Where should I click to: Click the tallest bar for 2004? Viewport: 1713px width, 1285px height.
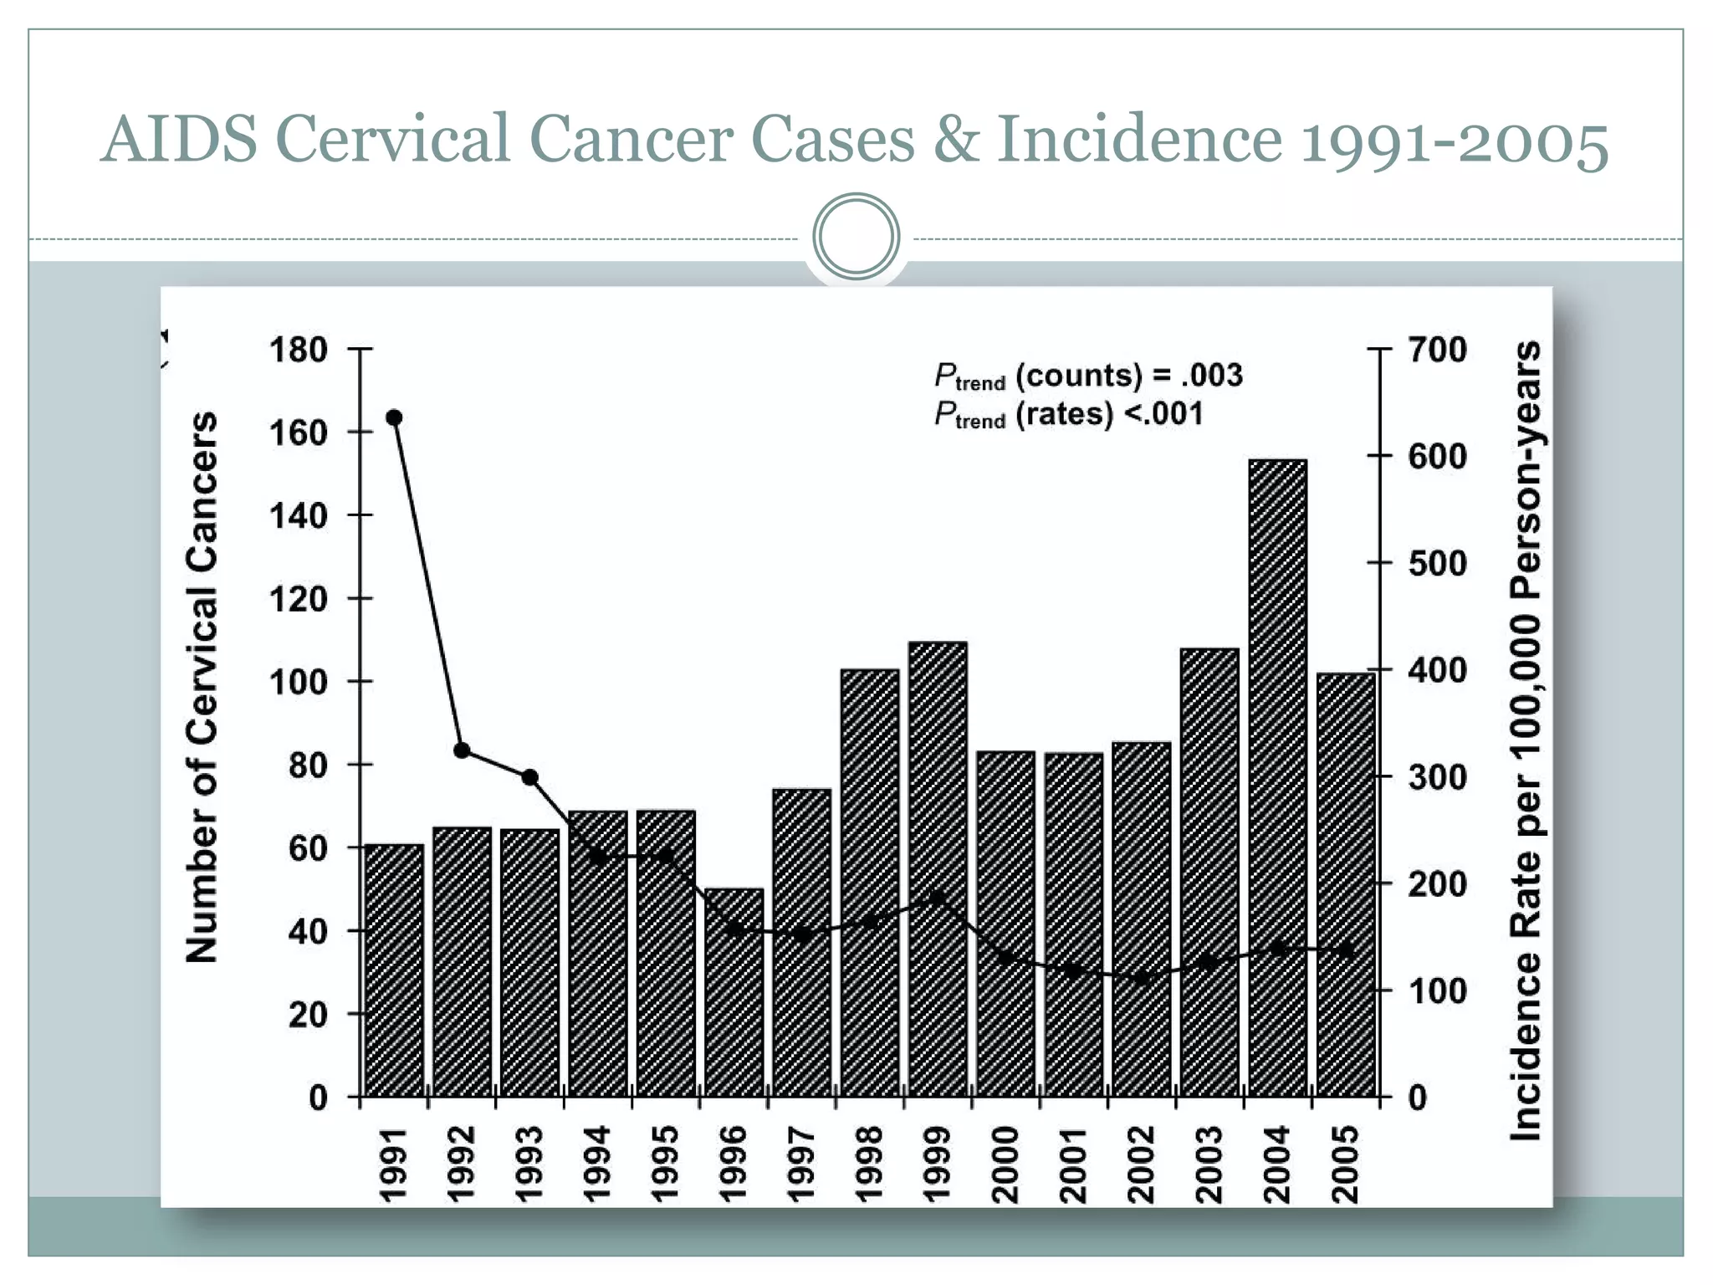[x=1277, y=778]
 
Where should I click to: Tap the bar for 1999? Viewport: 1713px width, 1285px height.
[x=938, y=870]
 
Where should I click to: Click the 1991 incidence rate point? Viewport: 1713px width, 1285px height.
[x=395, y=417]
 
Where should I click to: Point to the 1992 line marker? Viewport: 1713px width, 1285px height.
[x=462, y=750]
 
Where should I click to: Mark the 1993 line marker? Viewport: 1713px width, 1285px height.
[x=529, y=777]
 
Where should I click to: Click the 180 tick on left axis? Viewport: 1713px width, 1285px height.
[x=299, y=350]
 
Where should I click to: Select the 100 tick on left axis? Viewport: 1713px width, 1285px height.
[x=299, y=682]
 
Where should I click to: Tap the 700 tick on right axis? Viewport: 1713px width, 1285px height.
[x=1437, y=350]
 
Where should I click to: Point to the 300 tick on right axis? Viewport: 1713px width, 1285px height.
[x=1437, y=777]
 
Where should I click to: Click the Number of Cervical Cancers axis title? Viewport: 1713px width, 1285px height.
[x=202, y=686]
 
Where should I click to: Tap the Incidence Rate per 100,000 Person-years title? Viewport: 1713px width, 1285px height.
[x=1526, y=740]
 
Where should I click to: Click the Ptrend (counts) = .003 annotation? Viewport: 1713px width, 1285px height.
[x=1087, y=376]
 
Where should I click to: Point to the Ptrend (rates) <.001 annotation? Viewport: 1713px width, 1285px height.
[x=1068, y=414]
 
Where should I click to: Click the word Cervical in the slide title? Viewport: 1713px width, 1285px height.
[x=392, y=139]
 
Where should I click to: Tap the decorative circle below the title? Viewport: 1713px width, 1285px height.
[x=856, y=237]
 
